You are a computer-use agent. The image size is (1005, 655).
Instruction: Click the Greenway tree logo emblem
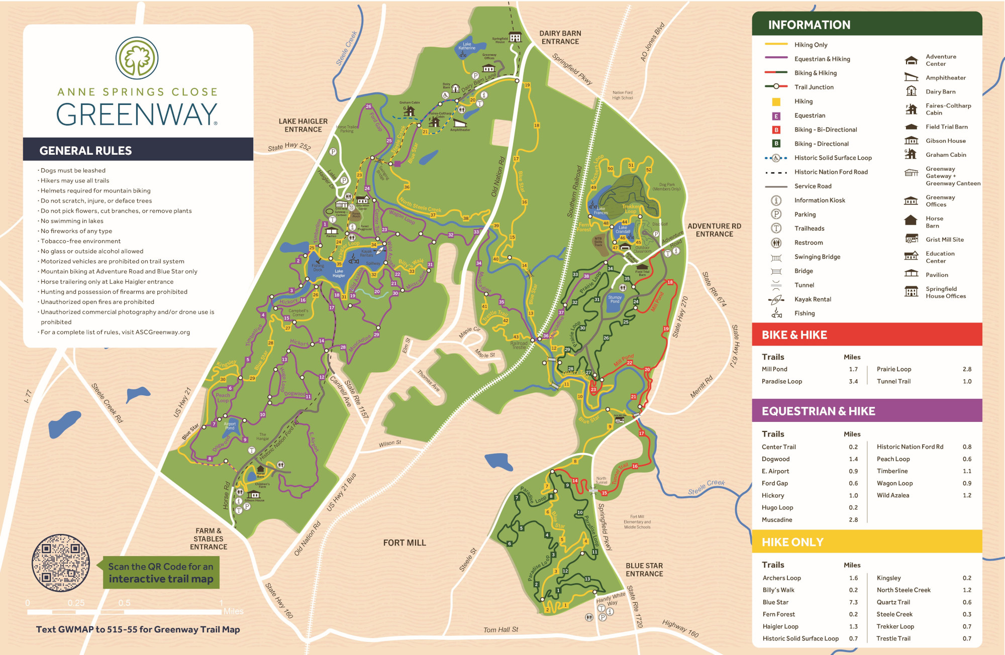click(x=137, y=58)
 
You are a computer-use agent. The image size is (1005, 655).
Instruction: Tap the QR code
click(x=61, y=563)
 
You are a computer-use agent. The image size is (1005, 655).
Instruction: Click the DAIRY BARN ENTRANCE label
click(x=560, y=37)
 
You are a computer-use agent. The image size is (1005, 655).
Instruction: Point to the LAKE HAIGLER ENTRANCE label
click(x=303, y=125)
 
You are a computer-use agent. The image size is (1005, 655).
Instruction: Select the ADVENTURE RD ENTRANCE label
click(x=714, y=230)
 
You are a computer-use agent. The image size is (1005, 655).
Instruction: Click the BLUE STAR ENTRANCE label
click(x=644, y=570)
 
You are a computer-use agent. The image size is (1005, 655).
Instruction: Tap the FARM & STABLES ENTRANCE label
click(x=209, y=538)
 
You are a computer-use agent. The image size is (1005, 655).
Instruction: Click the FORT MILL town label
click(x=404, y=542)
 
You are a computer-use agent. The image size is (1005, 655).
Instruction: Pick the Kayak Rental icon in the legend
click(x=776, y=300)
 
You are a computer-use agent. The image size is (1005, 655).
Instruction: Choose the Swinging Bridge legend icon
click(x=776, y=258)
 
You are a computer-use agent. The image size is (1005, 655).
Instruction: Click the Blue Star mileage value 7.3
click(x=853, y=602)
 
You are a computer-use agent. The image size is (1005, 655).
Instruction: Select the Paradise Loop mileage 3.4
click(x=853, y=381)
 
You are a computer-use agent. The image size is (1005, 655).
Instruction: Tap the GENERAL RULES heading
click(x=85, y=151)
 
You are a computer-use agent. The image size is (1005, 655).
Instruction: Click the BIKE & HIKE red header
click(x=794, y=335)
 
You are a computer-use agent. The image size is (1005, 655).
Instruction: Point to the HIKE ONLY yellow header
click(x=792, y=542)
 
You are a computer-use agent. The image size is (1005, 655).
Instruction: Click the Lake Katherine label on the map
click(x=467, y=46)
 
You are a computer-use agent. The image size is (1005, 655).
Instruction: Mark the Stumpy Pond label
click(x=615, y=299)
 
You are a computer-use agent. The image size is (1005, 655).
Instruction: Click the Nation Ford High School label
click(x=622, y=95)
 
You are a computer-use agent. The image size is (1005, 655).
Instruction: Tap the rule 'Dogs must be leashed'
click(x=73, y=171)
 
